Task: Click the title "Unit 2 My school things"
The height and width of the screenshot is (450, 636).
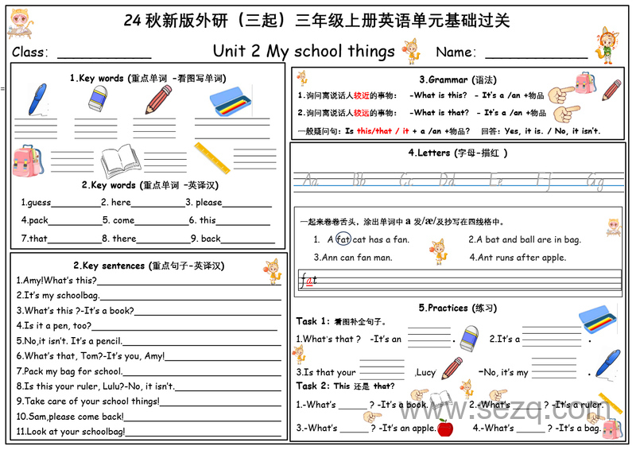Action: [x=304, y=51]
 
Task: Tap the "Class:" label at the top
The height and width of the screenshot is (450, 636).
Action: [x=31, y=52]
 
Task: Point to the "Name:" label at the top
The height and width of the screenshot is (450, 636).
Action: [x=456, y=52]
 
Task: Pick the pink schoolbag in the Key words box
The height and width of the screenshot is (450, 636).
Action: [x=29, y=161]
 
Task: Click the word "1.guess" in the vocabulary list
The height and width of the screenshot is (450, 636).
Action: [x=36, y=202]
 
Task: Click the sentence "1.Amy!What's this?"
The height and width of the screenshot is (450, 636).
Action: [x=56, y=280]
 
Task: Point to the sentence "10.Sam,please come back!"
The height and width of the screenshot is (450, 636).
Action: [x=70, y=416]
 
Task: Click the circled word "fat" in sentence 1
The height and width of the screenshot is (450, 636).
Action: [x=343, y=239]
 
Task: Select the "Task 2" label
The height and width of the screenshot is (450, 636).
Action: [x=312, y=386]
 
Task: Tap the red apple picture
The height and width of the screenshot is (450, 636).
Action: [x=445, y=429]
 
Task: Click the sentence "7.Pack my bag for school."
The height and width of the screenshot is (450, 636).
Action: [x=70, y=370]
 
